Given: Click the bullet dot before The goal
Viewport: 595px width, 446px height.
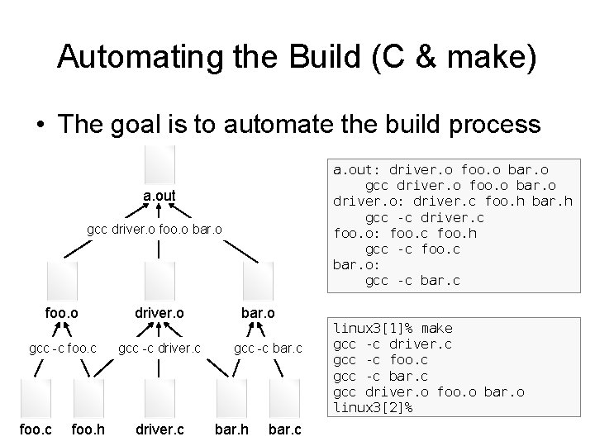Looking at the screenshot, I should pos(40,126).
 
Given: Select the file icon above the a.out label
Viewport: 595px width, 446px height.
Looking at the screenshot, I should pos(159,164).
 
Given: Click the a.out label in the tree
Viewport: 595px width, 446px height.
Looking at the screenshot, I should pos(159,196).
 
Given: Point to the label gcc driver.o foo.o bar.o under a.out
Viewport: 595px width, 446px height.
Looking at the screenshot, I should pos(155,228).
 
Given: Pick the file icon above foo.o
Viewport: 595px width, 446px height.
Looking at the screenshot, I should pos(62,278).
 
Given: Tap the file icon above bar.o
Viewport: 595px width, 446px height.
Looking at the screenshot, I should pos(257,278).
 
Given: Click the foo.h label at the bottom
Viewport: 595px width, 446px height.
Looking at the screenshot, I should pos(88,429).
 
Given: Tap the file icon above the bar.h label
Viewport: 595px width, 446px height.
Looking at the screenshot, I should pos(231,396).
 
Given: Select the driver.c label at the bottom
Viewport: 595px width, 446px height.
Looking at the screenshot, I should pos(159,429).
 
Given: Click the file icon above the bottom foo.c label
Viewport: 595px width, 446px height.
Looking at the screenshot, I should pos(36,396).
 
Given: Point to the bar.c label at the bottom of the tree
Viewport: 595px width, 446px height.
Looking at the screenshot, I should pos(285,429).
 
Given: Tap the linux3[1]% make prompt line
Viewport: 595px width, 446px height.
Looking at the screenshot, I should pos(393,329).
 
